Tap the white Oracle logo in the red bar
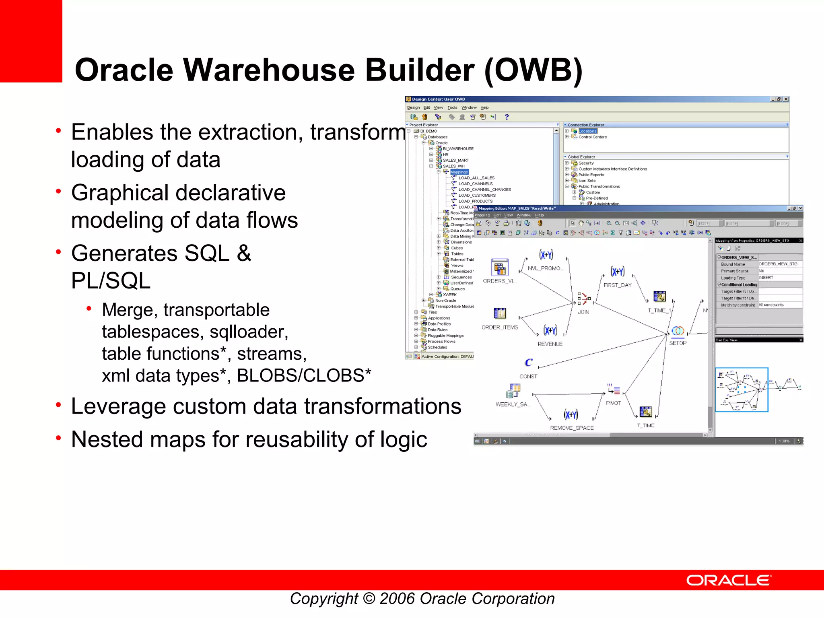click(729, 580)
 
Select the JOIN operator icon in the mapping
click(584, 299)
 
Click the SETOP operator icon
click(678, 331)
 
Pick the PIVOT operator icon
click(614, 389)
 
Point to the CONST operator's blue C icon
click(528, 363)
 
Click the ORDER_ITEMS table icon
click(500, 313)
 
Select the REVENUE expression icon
click(550, 331)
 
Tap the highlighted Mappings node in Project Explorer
click(459, 172)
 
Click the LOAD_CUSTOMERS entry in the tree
click(477, 195)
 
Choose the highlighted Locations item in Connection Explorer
click(587, 131)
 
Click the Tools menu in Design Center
click(452, 107)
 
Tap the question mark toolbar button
click(507, 117)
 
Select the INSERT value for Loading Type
click(766, 278)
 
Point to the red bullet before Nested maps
click(59, 438)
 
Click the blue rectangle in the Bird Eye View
click(742, 389)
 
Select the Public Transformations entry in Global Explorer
click(599, 186)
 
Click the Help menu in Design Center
click(484, 107)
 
